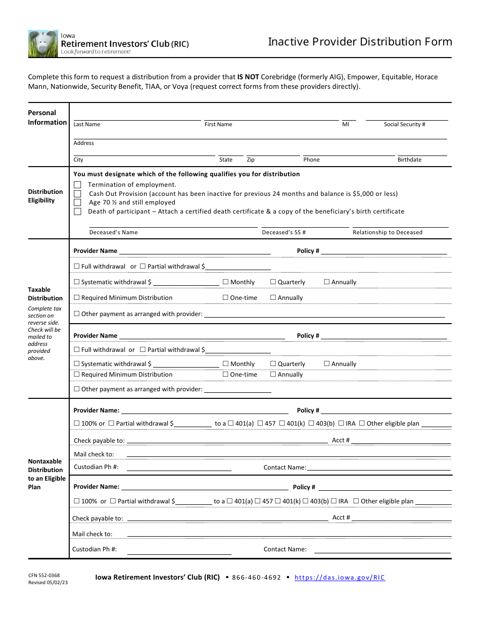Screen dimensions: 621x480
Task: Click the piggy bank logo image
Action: tap(43, 43)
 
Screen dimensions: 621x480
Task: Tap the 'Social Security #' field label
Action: tap(404, 124)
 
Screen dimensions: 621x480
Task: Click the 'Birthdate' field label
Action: tap(409, 160)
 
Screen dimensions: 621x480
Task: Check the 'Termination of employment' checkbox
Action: tap(77, 185)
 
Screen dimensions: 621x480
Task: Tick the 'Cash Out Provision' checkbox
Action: tap(77, 194)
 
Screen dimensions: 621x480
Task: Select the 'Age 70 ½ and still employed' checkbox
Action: tap(77, 202)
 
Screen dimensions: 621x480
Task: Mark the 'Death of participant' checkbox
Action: tap(77, 212)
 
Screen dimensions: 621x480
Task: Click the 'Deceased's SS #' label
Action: tap(283, 232)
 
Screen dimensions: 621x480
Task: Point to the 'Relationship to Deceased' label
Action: tap(388, 232)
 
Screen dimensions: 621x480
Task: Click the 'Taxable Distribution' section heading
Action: tap(45, 294)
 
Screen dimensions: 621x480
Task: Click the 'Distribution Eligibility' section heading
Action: tap(45, 196)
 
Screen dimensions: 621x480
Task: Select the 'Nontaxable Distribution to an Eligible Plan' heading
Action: tap(46, 474)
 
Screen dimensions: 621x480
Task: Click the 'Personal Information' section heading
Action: tap(47, 118)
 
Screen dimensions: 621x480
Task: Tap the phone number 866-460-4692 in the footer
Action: tap(256, 578)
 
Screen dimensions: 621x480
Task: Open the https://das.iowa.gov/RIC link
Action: tap(340, 578)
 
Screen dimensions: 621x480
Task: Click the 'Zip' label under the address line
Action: tap(251, 160)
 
